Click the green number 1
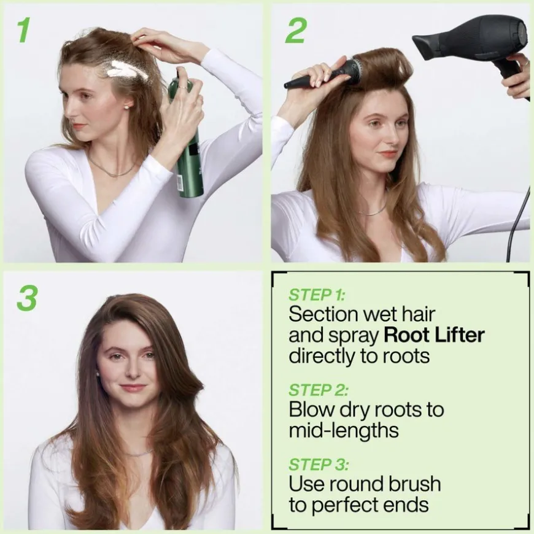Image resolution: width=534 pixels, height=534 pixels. pos(23,31)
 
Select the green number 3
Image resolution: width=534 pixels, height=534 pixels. pos(27,298)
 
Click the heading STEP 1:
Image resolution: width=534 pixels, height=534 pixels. pos(317,295)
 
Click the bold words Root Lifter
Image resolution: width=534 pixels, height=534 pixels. pos(434,335)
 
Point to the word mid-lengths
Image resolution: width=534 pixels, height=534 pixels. pos(344,430)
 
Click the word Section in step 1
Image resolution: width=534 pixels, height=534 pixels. pos(323,314)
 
